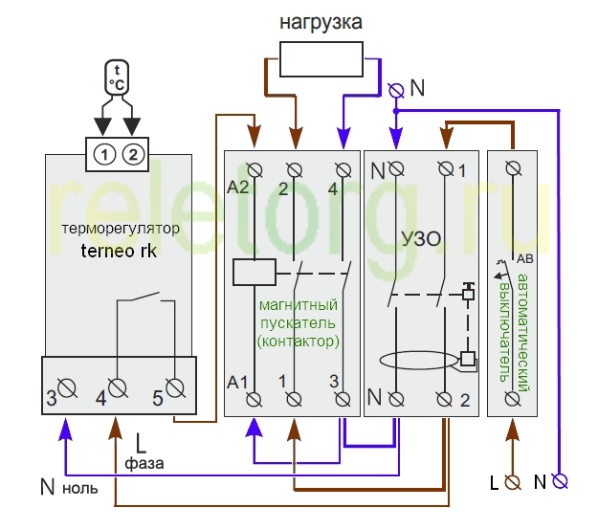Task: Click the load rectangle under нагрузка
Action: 321,59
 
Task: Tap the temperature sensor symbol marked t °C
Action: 117,77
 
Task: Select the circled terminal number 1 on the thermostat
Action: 104,155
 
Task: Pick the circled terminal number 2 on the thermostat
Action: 133,155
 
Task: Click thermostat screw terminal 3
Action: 68,388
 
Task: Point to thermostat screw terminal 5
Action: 175,388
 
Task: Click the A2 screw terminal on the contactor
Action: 255,169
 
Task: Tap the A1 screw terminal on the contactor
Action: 254,400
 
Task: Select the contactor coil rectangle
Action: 255,272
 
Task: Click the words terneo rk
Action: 119,251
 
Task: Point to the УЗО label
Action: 421,239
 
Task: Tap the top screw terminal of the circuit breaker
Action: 513,167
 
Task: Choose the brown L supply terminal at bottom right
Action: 513,482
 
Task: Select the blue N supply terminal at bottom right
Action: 560,481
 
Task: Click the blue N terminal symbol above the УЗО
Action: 396,91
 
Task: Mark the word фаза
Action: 144,464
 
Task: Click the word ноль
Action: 80,489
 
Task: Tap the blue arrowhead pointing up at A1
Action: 254,427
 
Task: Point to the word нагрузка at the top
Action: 321,22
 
